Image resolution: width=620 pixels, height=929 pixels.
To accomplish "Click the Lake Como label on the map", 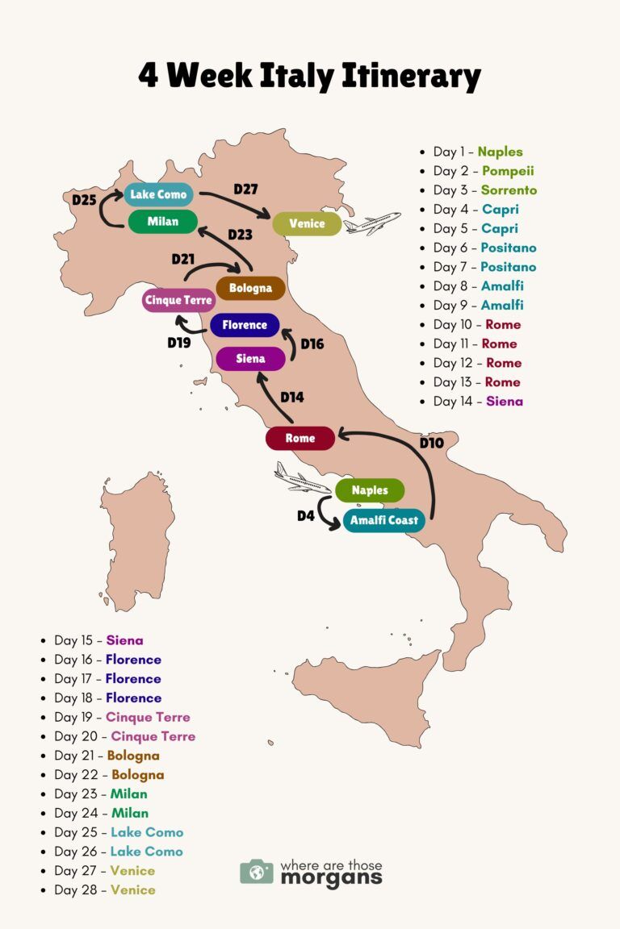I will point(159,194).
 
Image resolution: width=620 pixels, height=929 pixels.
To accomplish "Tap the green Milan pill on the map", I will point(162,222).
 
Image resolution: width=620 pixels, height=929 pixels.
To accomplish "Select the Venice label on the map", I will point(307,223).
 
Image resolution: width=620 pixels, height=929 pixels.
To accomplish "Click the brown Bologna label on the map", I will point(250,288).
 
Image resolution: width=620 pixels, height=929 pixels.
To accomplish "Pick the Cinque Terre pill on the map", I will point(178,301).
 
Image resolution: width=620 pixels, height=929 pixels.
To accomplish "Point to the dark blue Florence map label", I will point(245,325).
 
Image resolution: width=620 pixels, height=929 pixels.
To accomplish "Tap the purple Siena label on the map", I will point(250,359).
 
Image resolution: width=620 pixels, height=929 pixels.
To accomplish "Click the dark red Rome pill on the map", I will point(300,439).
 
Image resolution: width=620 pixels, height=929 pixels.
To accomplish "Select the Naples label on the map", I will point(370,490).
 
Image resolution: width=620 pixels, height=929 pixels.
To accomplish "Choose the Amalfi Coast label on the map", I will point(383,520).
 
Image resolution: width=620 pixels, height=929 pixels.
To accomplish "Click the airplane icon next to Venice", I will point(372,223).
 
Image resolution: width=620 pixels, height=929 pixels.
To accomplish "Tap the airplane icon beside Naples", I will point(301,479).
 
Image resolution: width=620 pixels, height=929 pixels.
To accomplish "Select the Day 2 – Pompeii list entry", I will point(483,171).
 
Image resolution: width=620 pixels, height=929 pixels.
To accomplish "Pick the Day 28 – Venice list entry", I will point(104,889).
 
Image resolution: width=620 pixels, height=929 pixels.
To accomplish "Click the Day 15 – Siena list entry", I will point(98,640).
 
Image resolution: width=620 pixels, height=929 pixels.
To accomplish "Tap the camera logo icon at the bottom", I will point(257,872).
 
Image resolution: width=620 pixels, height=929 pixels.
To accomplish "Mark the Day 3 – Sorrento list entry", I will point(484,190).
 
